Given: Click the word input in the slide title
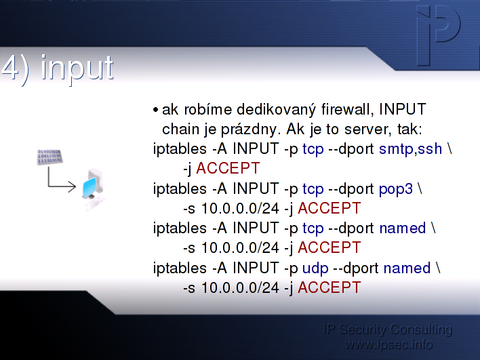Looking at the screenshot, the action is [77, 69].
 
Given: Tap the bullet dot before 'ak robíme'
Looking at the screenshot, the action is [155, 110].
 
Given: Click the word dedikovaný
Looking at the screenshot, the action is [276, 110].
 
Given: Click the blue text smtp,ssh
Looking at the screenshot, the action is [411, 149].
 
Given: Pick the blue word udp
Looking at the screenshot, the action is [315, 268].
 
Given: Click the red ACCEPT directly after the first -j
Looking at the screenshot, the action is [228, 168].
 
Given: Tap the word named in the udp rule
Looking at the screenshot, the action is [407, 268].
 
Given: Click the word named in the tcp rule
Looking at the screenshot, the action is [403, 228].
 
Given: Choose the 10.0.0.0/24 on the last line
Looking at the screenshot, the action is [240, 287].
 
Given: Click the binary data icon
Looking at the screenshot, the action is [49, 157].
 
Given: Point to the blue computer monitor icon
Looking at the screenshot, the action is [90, 187].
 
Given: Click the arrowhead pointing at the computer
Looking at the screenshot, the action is [73, 186].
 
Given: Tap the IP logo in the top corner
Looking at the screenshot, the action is [439, 35].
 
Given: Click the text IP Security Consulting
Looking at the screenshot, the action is [388, 330].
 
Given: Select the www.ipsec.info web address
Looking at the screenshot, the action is [388, 344].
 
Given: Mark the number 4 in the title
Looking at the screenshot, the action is [9, 68].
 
